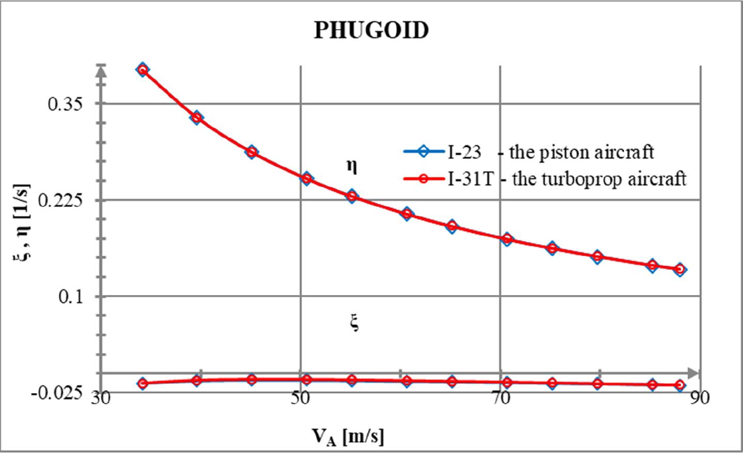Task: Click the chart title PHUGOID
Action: point(371,30)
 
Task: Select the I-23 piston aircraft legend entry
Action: point(528,152)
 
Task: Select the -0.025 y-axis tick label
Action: point(56,394)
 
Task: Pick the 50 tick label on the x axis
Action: point(300,399)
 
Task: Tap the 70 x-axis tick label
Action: point(500,399)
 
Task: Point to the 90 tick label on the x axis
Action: point(700,399)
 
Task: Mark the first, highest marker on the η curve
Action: point(143,70)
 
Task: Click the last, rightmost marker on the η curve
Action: point(680,269)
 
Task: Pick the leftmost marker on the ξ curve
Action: point(143,383)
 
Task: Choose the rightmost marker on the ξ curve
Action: point(680,385)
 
